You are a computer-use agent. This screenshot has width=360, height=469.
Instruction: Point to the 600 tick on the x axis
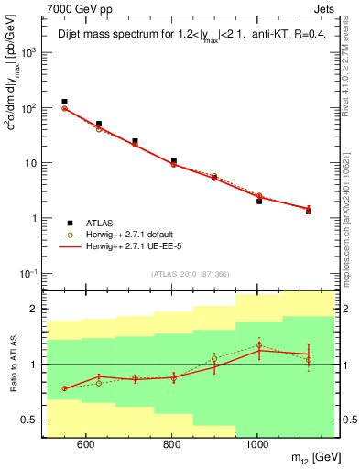(86, 445)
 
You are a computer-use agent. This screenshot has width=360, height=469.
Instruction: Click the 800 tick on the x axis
(172, 445)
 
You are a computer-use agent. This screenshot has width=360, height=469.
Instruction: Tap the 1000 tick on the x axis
(258, 445)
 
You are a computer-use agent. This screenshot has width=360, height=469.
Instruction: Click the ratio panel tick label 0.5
(32, 420)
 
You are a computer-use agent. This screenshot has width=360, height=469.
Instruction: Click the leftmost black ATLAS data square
(64, 102)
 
